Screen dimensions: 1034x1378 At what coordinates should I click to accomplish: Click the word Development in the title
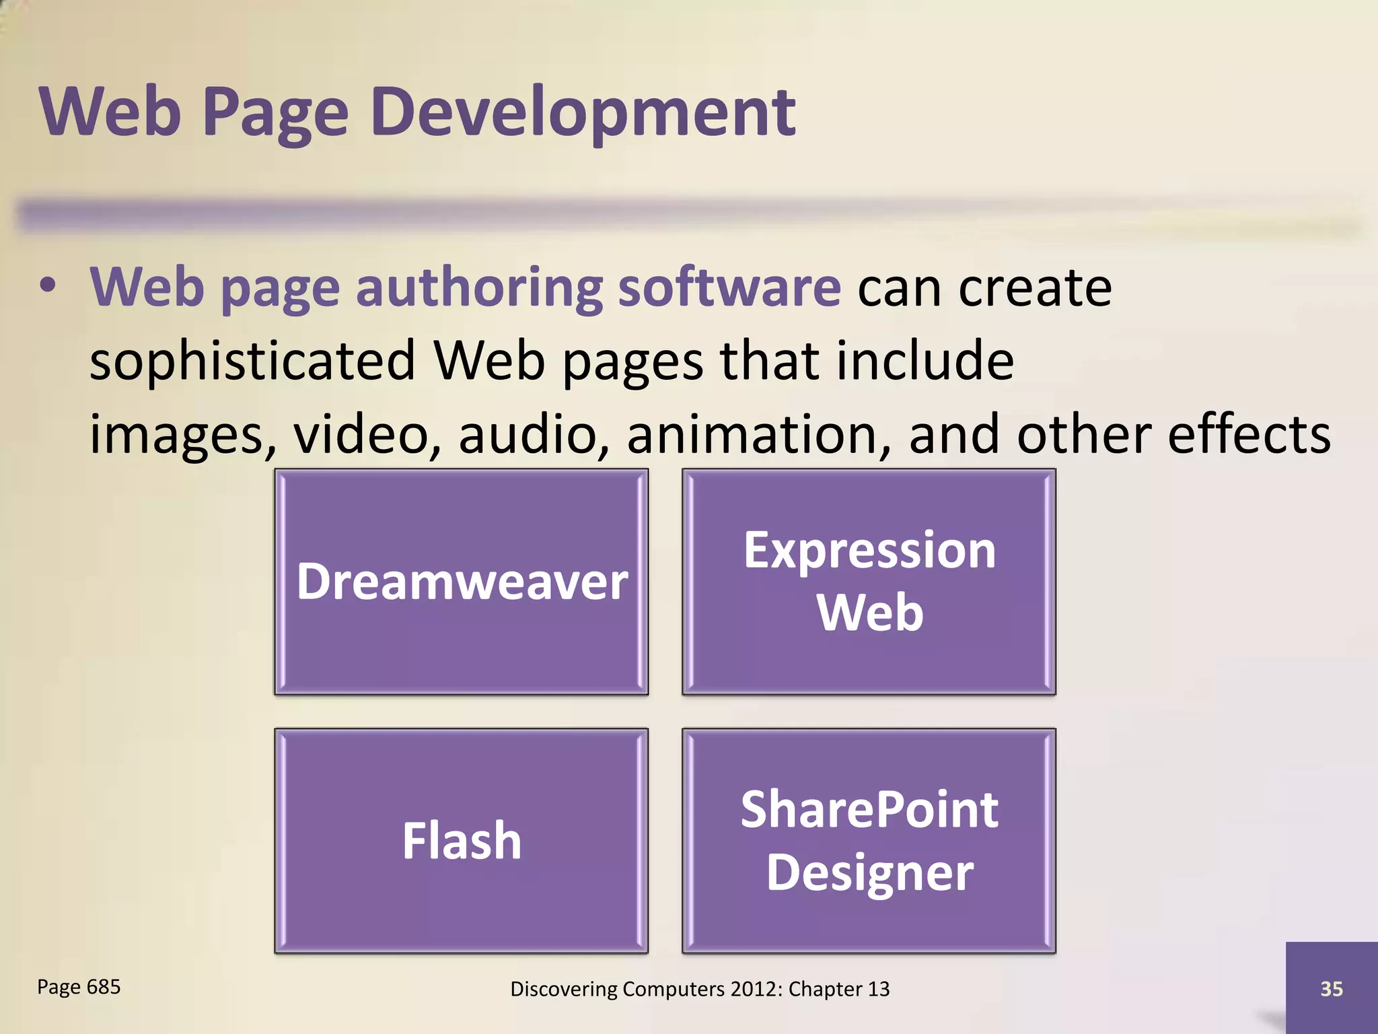583,112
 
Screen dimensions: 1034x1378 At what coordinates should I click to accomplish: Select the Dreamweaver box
462,582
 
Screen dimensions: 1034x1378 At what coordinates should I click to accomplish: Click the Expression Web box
869,582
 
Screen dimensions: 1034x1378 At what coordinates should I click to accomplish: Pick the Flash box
462,841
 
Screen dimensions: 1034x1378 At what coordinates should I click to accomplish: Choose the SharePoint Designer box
869,841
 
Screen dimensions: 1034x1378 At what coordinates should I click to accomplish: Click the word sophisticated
252,361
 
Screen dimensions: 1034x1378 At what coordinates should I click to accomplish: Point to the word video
367,435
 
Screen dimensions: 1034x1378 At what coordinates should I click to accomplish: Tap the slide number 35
1332,989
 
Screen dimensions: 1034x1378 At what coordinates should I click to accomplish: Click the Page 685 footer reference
79,987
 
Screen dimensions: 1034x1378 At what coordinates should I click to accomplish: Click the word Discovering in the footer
563,989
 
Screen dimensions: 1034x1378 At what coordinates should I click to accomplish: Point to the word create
1035,288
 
